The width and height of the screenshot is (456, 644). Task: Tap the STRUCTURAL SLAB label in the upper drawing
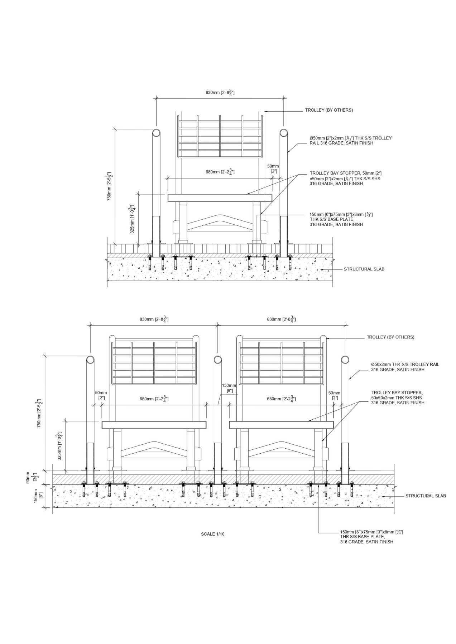point(364,269)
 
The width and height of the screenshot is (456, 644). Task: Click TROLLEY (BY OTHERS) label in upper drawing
point(329,110)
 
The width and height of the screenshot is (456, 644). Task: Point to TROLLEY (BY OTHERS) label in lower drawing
point(390,337)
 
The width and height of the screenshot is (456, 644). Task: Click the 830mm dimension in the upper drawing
point(220,93)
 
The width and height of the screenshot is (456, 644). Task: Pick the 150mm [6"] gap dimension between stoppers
point(227,388)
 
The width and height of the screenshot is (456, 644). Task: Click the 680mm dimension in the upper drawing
point(220,172)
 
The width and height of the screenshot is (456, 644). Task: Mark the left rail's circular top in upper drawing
point(157,133)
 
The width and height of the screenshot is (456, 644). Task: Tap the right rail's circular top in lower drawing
point(345,360)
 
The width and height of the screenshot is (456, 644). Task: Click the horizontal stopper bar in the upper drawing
point(220,198)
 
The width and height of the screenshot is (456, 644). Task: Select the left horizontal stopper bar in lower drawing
point(154,425)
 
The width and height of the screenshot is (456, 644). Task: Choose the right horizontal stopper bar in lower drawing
point(281,425)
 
